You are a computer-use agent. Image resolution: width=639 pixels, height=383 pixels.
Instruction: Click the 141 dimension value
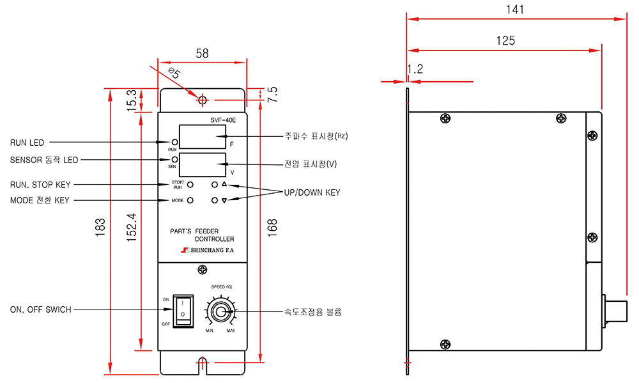click(514, 10)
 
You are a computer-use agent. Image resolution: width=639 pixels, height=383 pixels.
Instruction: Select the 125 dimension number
click(505, 40)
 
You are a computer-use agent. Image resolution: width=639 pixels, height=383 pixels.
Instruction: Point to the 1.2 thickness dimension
click(415, 69)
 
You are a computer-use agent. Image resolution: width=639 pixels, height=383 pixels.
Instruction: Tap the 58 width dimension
click(202, 54)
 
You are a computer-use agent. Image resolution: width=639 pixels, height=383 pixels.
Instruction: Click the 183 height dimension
click(100, 227)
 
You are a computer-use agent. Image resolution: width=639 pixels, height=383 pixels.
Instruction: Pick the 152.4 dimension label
click(131, 227)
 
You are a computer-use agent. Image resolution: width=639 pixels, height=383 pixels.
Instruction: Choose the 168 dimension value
click(272, 228)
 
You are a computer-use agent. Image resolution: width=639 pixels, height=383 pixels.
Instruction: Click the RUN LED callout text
click(27, 143)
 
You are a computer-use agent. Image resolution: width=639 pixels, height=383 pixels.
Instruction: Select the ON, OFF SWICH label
click(41, 309)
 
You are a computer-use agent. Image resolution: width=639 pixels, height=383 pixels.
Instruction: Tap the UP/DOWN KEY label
click(312, 192)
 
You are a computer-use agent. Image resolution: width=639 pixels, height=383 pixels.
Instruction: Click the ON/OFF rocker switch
click(183, 311)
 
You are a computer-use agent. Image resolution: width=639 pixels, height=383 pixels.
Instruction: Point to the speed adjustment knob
click(220, 312)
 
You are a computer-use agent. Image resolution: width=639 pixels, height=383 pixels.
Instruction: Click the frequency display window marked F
click(203, 137)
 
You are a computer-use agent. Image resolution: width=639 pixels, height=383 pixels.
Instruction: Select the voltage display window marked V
click(203, 165)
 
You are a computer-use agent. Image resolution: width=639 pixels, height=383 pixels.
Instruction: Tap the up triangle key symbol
click(224, 184)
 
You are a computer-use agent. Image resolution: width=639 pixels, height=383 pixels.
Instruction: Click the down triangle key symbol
click(224, 200)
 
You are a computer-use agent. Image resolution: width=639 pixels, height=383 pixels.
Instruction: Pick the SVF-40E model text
click(223, 120)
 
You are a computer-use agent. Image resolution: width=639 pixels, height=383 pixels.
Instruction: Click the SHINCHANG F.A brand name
click(212, 250)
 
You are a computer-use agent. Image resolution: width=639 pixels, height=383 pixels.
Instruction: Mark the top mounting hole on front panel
click(203, 100)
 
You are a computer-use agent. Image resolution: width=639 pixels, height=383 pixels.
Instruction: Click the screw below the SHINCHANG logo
click(202, 269)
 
